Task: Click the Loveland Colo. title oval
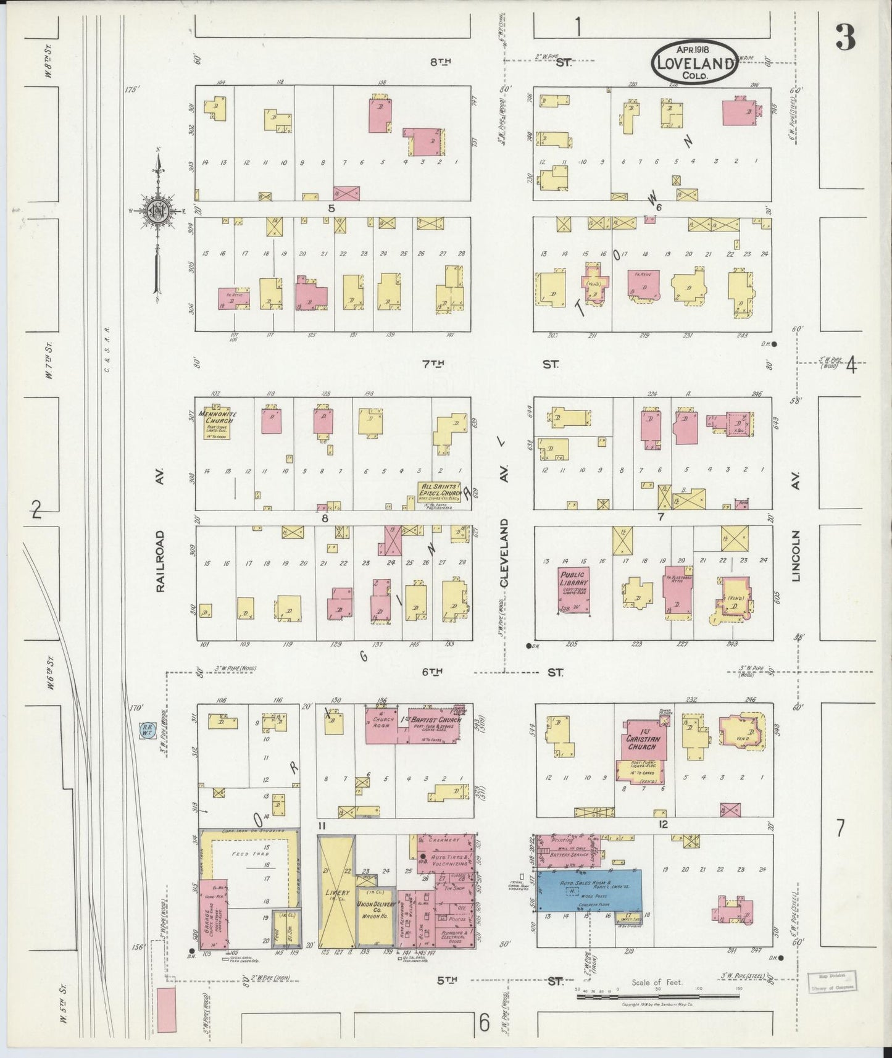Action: (694, 62)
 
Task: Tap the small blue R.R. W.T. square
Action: (148, 730)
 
